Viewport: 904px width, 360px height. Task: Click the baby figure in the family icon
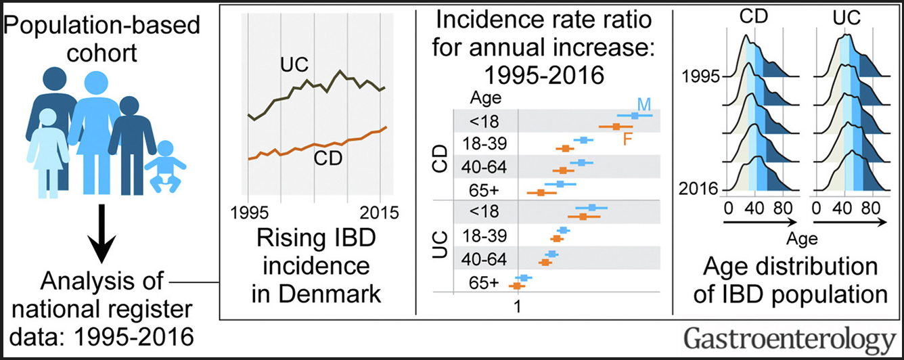click(x=164, y=166)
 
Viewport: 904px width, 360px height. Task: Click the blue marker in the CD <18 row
click(x=635, y=116)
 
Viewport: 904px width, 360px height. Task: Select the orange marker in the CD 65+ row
click(x=541, y=194)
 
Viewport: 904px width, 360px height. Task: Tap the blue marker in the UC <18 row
click(x=592, y=208)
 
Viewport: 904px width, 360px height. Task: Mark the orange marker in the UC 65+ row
click(x=517, y=286)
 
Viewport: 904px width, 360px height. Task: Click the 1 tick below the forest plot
click(x=517, y=307)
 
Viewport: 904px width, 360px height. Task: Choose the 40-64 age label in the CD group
click(x=483, y=166)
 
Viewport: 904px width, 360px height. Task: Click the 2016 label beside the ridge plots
click(x=698, y=189)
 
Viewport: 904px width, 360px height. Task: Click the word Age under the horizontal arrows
click(x=802, y=239)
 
